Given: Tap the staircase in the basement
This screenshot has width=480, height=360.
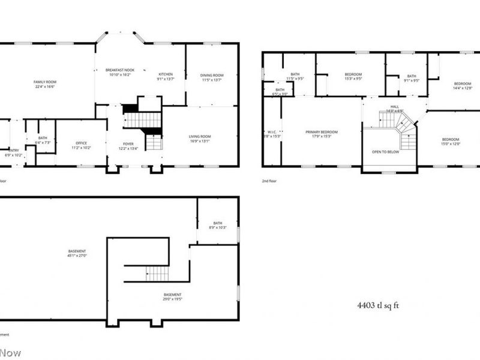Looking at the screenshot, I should pos(157,274).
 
